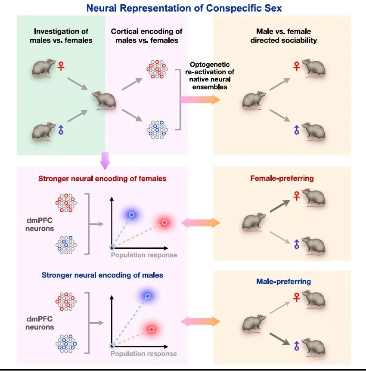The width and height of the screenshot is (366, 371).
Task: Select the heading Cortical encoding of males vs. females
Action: pos(146,36)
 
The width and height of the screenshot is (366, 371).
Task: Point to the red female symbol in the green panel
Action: pos(61,66)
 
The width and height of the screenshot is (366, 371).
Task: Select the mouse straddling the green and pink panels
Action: pos(104,100)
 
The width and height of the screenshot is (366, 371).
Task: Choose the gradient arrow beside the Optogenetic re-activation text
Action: pos(200,100)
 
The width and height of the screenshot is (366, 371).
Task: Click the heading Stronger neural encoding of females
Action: pos(102,178)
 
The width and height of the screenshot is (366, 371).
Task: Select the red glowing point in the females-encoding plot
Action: pos(164,223)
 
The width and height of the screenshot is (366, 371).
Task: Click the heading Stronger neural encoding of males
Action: pos(102,275)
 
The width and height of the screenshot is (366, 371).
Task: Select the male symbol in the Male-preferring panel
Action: pos(296,345)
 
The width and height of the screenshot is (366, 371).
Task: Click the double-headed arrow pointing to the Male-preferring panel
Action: pos(200,321)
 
